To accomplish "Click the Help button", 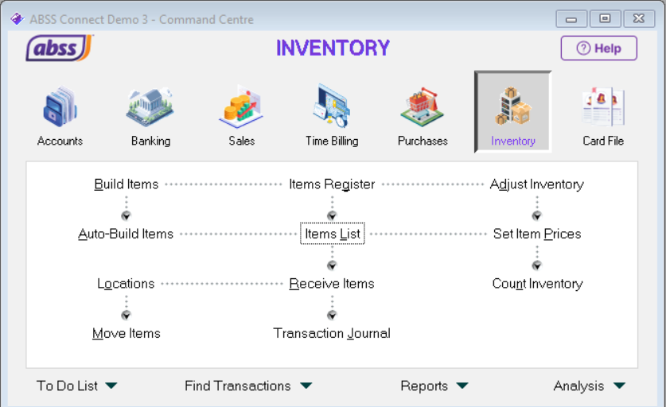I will (x=598, y=48).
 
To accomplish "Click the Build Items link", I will (x=127, y=184).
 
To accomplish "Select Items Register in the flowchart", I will (x=332, y=184).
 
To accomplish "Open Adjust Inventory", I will (x=536, y=184).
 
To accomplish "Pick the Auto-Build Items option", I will (x=126, y=234).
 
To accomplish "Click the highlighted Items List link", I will (x=333, y=234).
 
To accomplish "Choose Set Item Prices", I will (x=537, y=234).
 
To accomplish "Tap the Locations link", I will (x=126, y=284).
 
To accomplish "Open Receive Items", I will (x=332, y=284).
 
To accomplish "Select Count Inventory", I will (x=537, y=284).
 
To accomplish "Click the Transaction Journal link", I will (x=332, y=334).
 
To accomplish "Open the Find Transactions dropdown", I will (x=247, y=386).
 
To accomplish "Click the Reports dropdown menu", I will (x=434, y=386).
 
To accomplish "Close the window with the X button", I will (x=639, y=19).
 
